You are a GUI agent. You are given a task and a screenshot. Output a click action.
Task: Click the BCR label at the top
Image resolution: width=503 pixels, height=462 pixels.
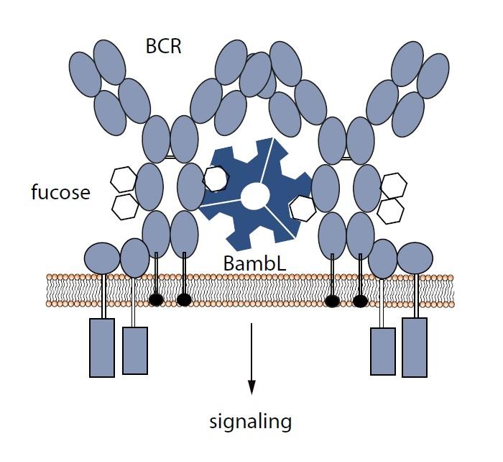[x=164, y=48]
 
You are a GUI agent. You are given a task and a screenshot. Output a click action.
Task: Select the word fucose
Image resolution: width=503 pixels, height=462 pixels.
[x=60, y=192]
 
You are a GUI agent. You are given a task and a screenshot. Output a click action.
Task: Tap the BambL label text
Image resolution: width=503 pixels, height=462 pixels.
[x=255, y=264]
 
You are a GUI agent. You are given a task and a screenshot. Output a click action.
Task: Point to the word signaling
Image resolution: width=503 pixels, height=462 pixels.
[x=251, y=420]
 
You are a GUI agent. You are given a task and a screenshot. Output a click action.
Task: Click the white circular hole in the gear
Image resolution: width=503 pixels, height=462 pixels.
[x=255, y=195]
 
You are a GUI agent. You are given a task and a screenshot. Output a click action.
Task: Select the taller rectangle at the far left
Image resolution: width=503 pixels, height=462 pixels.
[x=102, y=348]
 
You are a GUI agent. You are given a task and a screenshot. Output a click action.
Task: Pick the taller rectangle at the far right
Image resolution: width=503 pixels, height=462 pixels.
[x=415, y=348]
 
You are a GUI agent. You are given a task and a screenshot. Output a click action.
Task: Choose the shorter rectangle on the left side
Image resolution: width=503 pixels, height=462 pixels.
[x=135, y=350]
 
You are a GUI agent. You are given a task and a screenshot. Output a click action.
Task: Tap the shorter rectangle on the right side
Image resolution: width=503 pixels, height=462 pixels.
[x=382, y=351]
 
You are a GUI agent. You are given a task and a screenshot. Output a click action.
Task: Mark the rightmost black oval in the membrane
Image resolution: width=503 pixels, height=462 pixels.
[x=360, y=301]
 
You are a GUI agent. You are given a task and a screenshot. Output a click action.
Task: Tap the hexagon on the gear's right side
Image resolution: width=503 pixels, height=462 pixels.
[x=302, y=209]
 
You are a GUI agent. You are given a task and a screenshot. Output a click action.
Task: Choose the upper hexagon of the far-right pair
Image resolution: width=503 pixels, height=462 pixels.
[x=393, y=186]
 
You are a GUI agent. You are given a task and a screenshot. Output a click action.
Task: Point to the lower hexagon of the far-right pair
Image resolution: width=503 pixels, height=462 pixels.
[x=391, y=210]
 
